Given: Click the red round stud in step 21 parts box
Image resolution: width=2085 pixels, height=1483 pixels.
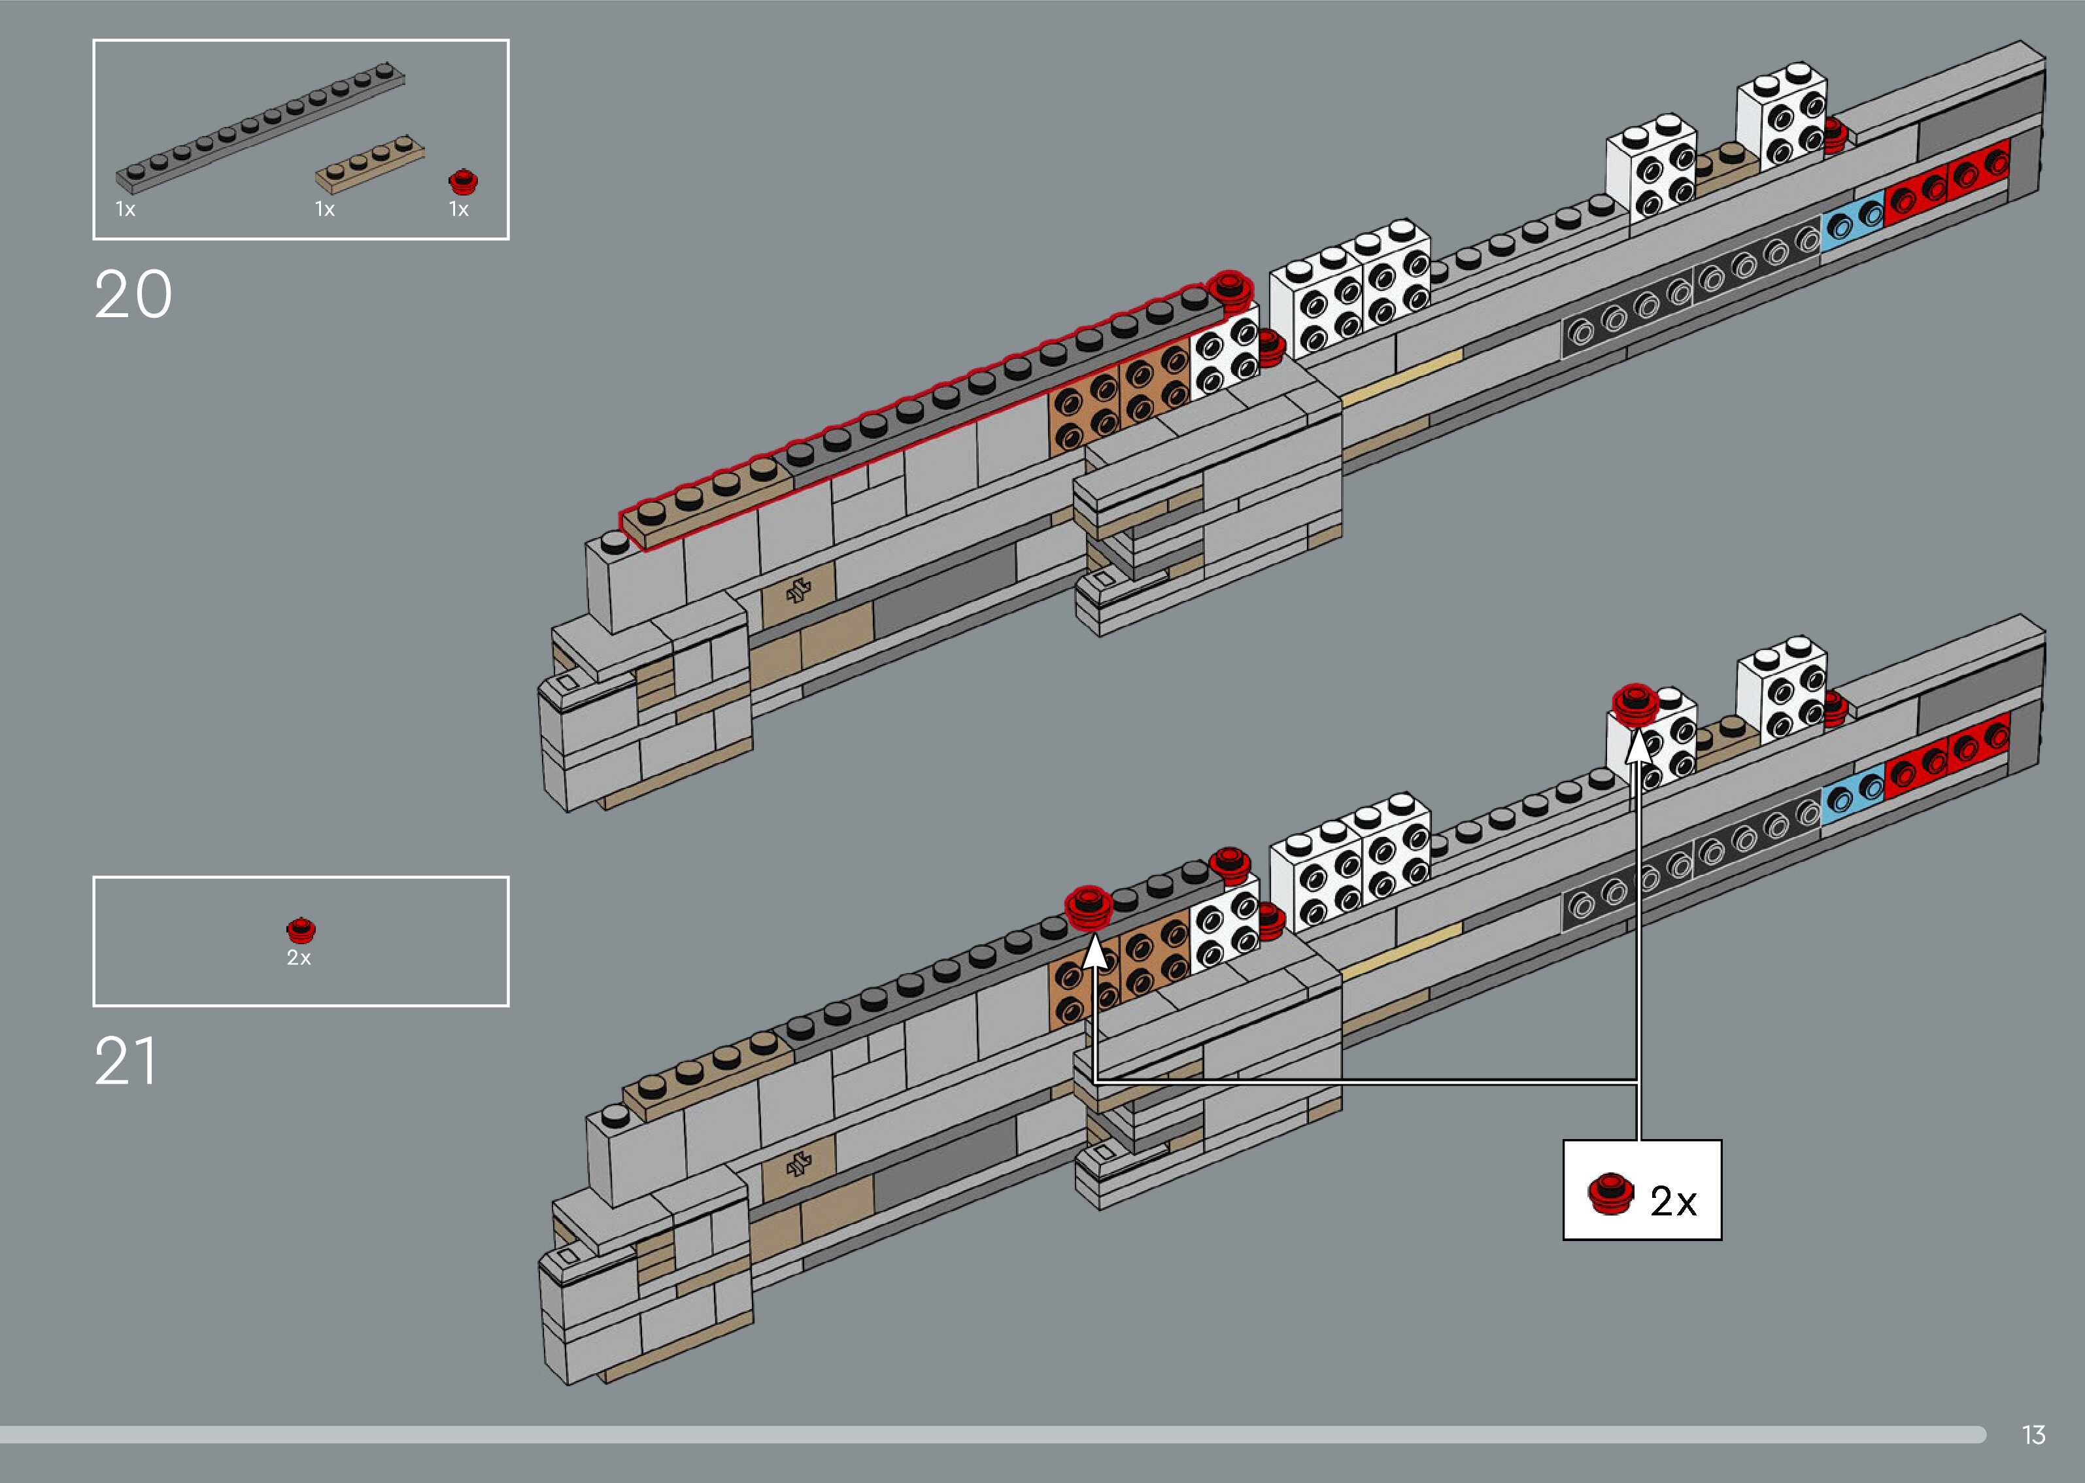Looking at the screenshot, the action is [299, 930].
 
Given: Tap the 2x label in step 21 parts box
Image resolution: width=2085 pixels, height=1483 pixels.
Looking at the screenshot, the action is [299, 958].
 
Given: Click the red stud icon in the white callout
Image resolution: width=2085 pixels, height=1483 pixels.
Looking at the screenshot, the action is [1610, 1193].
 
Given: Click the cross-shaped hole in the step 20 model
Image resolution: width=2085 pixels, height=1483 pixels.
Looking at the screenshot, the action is [799, 591].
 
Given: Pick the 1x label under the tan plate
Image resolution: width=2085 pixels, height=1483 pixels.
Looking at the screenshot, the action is [325, 209].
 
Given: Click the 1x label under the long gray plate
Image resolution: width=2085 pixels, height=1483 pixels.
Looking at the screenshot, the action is [125, 209].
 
